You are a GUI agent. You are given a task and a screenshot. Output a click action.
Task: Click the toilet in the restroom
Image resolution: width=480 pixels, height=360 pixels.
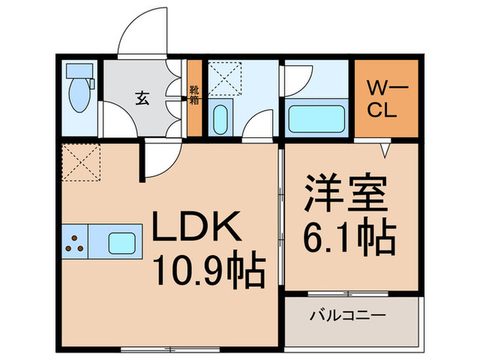click(x=80, y=92)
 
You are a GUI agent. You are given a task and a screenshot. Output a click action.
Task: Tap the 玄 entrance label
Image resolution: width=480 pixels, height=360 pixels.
click(x=142, y=98)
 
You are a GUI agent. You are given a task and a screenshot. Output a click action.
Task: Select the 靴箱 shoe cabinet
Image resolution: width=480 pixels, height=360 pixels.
click(x=194, y=98)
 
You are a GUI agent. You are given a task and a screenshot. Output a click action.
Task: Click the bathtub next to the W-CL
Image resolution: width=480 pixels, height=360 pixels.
click(x=316, y=117)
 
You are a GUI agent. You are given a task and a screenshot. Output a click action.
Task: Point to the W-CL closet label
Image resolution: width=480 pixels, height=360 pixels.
click(x=385, y=99)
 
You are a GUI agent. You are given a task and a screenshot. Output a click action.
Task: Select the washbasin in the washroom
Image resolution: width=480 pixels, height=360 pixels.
click(x=220, y=118)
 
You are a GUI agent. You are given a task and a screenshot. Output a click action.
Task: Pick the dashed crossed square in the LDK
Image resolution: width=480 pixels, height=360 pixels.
click(x=81, y=163)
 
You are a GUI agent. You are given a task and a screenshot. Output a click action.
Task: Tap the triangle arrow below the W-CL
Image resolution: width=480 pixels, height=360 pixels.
click(x=386, y=147)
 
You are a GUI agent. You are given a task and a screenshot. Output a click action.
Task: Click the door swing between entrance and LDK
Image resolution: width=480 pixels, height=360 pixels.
click(x=158, y=165)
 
